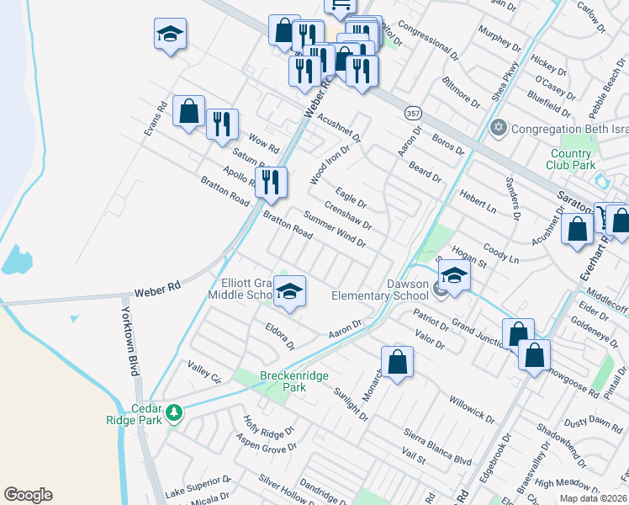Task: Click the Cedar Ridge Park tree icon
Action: click(174, 412)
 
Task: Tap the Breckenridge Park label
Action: click(270, 382)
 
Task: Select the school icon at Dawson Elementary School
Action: click(453, 276)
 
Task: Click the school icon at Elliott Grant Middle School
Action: click(289, 291)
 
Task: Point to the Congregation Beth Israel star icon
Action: click(498, 129)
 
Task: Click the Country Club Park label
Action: click(572, 159)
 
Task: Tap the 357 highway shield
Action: click(413, 113)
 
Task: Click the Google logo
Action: click(28, 495)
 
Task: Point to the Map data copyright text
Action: click(593, 498)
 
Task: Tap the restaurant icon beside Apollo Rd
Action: click(271, 183)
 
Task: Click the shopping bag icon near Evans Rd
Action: click(188, 110)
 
